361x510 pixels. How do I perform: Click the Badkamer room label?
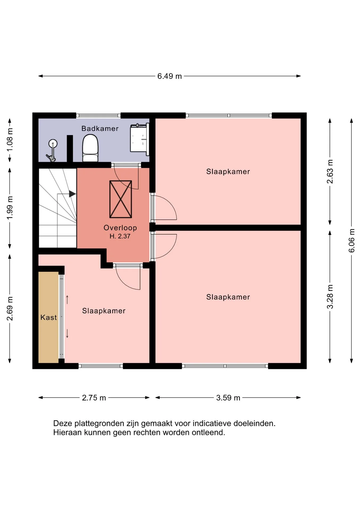pyautogui.click(x=100, y=129)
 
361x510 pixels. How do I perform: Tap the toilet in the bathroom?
pyautogui.click(x=90, y=148)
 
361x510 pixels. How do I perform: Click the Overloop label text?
pyautogui.click(x=120, y=228)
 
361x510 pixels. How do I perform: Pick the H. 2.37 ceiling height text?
pyautogui.click(x=120, y=236)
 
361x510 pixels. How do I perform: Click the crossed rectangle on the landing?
pyautogui.click(x=121, y=199)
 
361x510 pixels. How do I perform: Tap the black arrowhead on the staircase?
pyautogui.click(x=72, y=194)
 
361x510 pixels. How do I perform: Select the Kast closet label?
pyautogui.click(x=49, y=317)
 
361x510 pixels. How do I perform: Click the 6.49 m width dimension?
pyautogui.click(x=170, y=76)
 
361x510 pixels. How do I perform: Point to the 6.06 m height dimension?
pyautogui.click(x=351, y=241)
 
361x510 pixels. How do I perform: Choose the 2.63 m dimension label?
pyautogui.click(x=330, y=172)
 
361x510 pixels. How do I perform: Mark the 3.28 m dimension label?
pyautogui.click(x=330, y=297)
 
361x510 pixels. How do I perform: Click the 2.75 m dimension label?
pyautogui.click(x=94, y=398)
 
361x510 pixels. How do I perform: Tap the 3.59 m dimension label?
pyautogui.click(x=228, y=398)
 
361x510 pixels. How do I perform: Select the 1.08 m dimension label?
pyautogui.click(x=10, y=140)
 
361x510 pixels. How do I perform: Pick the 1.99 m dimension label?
pyautogui.click(x=10, y=208)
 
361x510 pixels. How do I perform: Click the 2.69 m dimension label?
pyautogui.click(x=10, y=309)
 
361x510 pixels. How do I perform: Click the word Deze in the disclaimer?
pyautogui.click(x=63, y=423)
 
